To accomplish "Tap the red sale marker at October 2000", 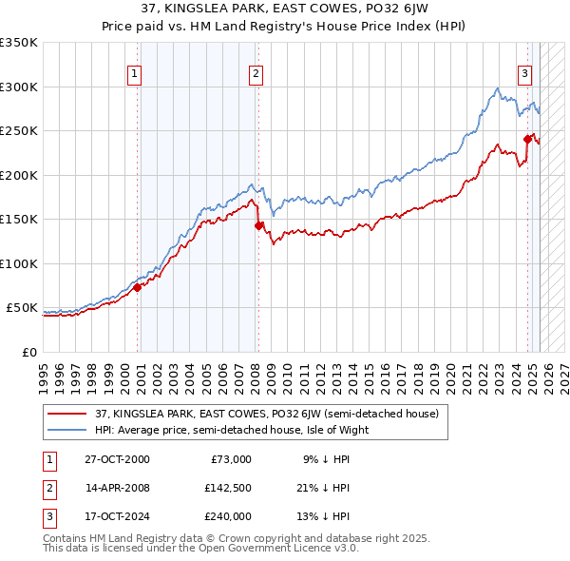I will (137, 287).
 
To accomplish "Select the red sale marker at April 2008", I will (258, 225).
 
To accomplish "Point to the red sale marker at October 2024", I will (527, 139).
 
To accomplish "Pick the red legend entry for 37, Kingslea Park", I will (266, 414).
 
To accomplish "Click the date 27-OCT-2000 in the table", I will (117, 459).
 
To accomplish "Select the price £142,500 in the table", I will (229, 488).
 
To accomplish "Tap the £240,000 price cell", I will (229, 516).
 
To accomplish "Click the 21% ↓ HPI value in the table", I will (326, 488).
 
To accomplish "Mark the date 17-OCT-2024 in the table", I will (117, 516).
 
